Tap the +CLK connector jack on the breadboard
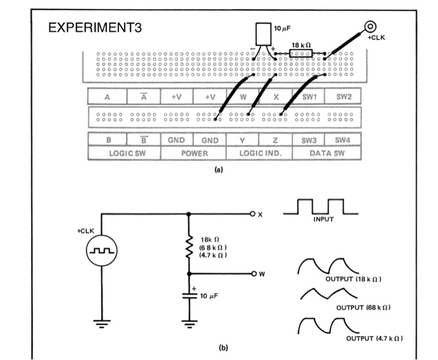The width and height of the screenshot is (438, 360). pyautogui.click(x=370, y=27)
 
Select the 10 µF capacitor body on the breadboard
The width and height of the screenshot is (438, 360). pyautogui.click(x=263, y=34)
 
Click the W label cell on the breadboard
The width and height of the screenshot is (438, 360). pyautogui.click(x=243, y=97)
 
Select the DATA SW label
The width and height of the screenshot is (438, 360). pyautogui.click(x=327, y=152)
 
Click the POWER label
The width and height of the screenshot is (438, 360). pyautogui.click(x=193, y=152)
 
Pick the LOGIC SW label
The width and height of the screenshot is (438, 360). pyautogui.click(x=125, y=152)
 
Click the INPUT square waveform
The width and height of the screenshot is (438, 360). pyautogui.click(x=318, y=207)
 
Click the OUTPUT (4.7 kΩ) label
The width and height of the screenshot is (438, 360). pyautogui.click(x=374, y=338)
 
